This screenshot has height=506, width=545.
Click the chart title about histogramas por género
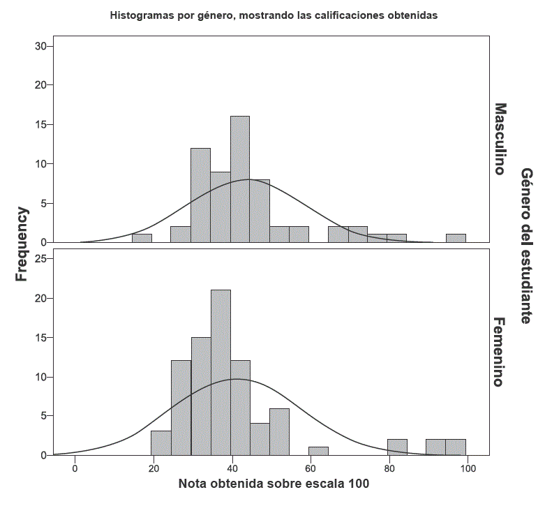click(274, 15)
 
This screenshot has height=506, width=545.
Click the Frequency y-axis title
click(22, 244)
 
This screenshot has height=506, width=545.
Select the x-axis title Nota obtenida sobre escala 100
click(274, 484)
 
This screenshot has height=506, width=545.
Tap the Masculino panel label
click(500, 139)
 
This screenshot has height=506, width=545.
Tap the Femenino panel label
click(500, 352)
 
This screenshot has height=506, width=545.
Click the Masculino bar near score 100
click(456, 238)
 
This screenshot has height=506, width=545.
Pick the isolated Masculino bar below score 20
click(142, 238)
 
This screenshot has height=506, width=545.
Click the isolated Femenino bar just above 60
click(318, 451)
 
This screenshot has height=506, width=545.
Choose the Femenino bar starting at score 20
click(161, 442)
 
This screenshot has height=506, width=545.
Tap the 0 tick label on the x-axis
click(75, 468)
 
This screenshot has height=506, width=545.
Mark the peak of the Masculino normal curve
click(248, 179)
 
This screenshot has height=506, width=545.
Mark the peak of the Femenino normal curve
click(237, 379)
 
